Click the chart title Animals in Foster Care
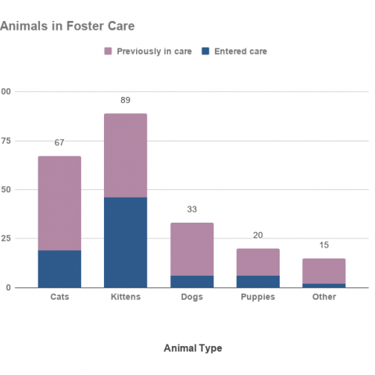[67, 26]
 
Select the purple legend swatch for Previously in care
[109, 52]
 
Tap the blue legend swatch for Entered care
[205, 52]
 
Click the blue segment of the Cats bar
[59, 269]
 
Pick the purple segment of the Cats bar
[59, 203]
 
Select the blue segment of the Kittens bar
[126, 242]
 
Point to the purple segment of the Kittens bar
[126, 155]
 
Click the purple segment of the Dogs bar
[191, 249]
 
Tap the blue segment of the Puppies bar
[258, 281]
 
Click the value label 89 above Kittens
[126, 101]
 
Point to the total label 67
[59, 143]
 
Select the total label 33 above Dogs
[191, 209]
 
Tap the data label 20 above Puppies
[258, 235]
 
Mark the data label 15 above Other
[324, 245]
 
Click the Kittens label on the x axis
[126, 297]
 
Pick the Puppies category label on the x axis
[258, 297]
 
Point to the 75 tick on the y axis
[5, 141]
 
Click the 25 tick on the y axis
[5, 238]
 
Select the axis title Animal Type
[192, 348]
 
